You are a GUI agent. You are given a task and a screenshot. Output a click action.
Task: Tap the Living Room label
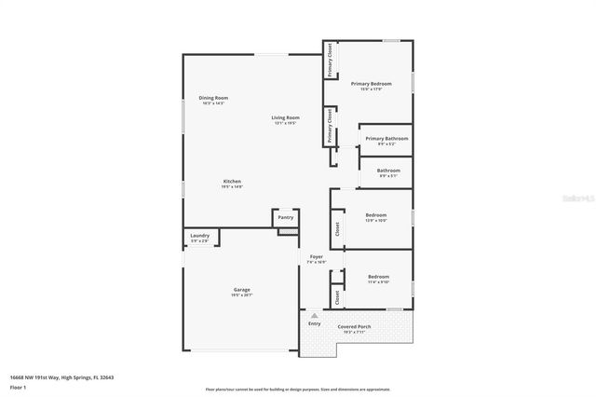pos(285,119)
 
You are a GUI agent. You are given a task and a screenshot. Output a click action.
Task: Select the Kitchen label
pos(232,183)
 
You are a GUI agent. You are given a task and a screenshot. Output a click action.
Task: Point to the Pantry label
pos(285,217)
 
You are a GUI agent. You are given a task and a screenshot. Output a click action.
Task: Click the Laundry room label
pos(199,238)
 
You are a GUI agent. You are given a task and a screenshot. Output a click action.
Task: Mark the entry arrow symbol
pos(315,316)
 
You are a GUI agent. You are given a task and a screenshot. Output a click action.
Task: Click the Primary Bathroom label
pos(386,141)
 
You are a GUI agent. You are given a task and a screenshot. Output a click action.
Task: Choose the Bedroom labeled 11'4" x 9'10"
pos(378,279)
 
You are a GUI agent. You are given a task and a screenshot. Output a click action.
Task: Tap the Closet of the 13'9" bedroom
pos(336,227)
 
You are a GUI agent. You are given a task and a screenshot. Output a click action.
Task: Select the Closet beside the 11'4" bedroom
pos(336,296)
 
